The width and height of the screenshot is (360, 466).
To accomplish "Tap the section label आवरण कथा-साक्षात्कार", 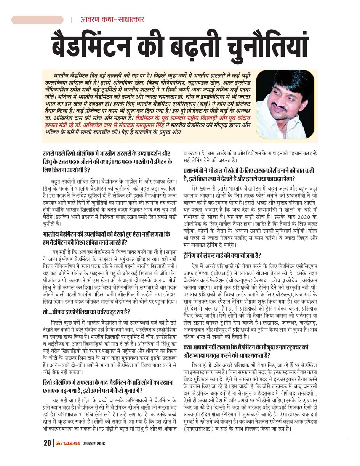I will coord(112,19).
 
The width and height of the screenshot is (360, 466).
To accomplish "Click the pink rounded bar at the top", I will coord(37,19).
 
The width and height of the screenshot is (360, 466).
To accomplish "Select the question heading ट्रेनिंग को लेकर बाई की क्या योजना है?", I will coord(222,255).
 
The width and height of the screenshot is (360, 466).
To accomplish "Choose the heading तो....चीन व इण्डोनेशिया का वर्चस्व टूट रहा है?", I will coord(86,312).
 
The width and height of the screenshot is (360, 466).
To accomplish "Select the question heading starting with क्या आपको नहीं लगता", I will coord(246,351).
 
